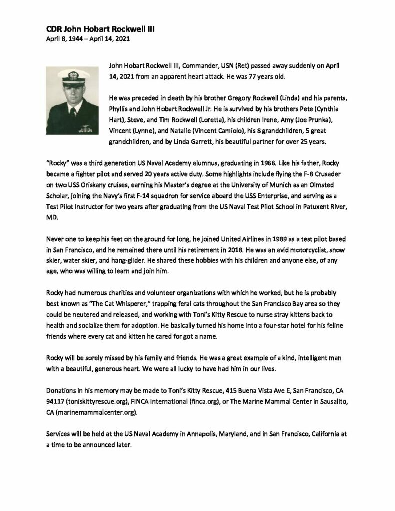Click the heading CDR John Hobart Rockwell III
pyautogui.click(x=97, y=29)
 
